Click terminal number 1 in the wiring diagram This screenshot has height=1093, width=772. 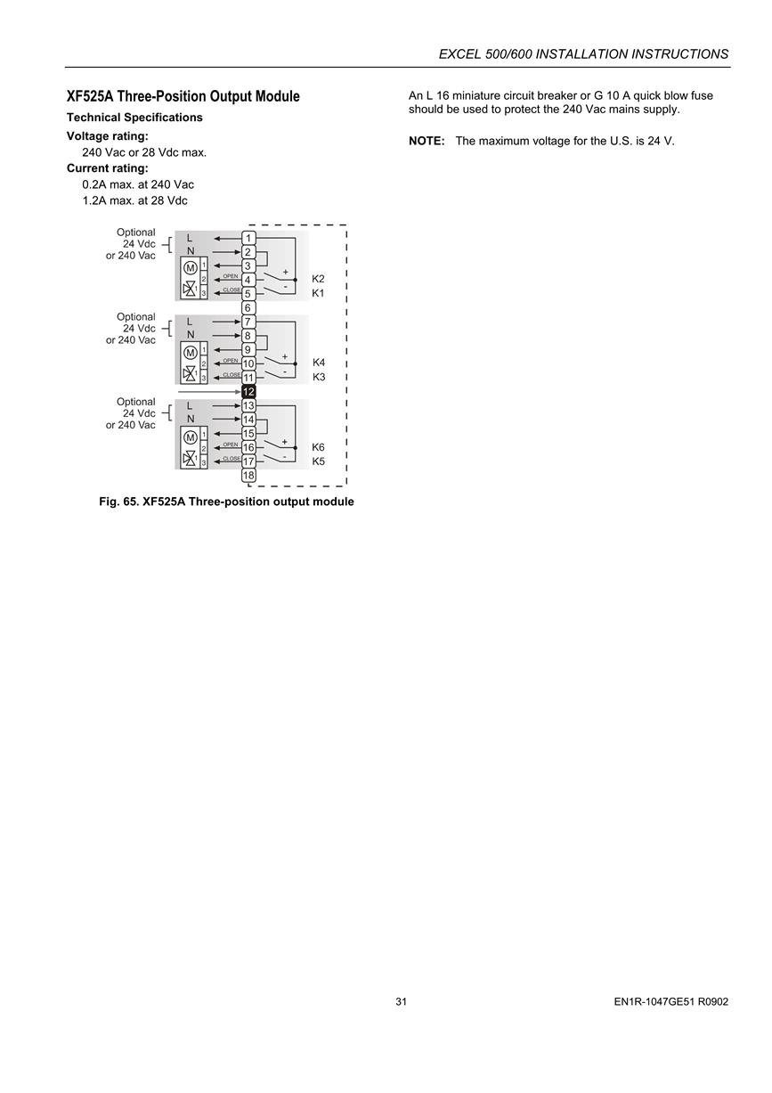click(x=248, y=238)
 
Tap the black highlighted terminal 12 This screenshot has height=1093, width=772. click(x=248, y=391)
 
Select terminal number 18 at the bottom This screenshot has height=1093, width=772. click(x=248, y=476)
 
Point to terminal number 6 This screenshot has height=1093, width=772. click(x=248, y=308)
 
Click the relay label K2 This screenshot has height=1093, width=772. click(x=318, y=279)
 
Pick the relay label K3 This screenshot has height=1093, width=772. click(x=319, y=377)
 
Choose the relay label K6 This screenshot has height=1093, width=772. click(x=318, y=447)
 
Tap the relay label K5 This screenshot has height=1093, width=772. click(x=318, y=461)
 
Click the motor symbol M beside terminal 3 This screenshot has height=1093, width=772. click(x=191, y=267)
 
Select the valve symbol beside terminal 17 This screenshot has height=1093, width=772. click(x=190, y=459)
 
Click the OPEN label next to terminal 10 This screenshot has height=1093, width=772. click(x=231, y=361)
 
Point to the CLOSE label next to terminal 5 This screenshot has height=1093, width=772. click(x=232, y=290)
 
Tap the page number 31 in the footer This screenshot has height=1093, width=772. click(x=401, y=1002)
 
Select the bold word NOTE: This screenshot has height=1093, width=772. click(x=427, y=141)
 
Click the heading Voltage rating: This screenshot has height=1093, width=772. click(x=107, y=136)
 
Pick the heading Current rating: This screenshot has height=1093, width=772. click(x=107, y=168)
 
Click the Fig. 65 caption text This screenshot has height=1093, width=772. click(x=226, y=502)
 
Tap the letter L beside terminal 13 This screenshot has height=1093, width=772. click(x=190, y=405)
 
